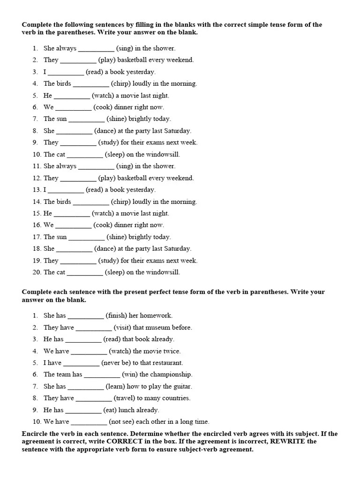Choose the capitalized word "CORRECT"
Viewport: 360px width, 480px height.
127,442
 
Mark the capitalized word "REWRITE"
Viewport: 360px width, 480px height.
300,442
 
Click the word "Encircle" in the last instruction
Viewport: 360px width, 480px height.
35,434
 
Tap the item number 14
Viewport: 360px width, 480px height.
37,202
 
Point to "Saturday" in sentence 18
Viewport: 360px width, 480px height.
178,249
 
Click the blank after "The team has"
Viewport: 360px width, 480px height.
102,375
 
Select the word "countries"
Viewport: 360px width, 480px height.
176,398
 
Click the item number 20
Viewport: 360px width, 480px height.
37,272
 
